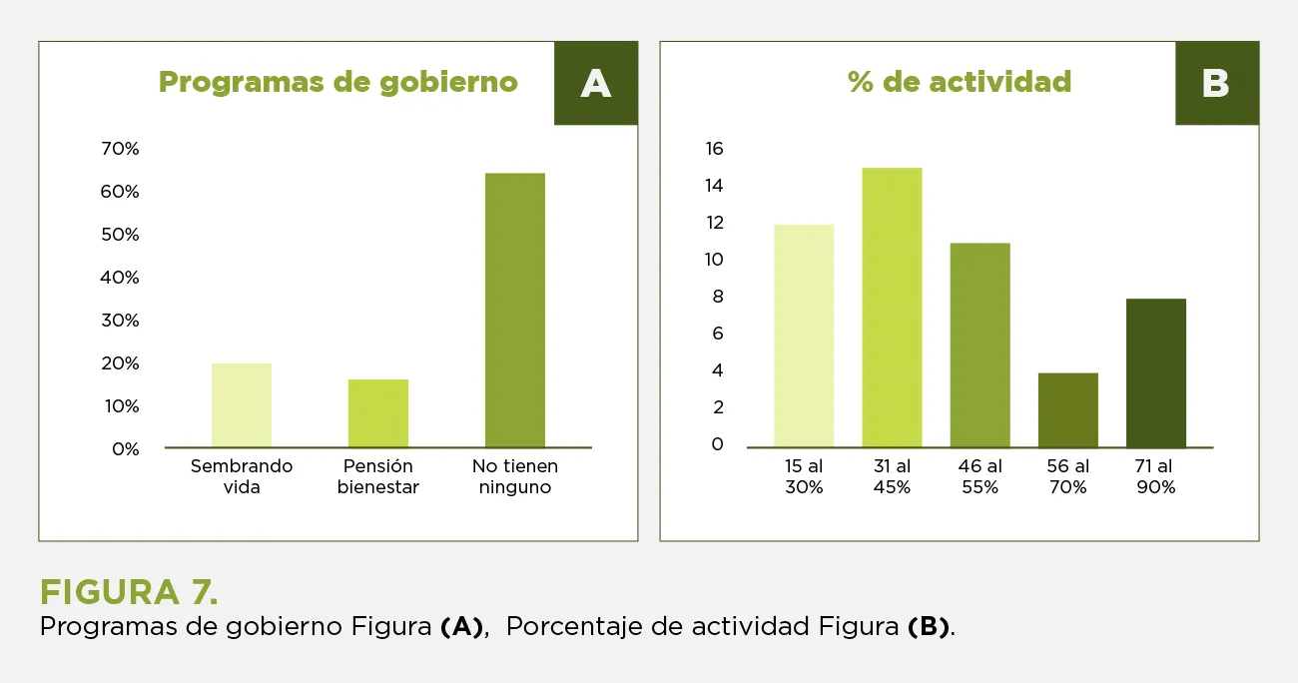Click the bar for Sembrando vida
[x=242, y=405]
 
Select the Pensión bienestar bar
[x=378, y=413]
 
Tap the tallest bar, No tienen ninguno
[x=515, y=310]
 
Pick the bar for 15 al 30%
[x=804, y=336]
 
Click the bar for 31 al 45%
[x=892, y=308]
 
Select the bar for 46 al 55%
[x=979, y=344]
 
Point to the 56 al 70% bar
[x=1067, y=409]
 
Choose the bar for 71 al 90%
[x=1155, y=372]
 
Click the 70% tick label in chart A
[x=120, y=149]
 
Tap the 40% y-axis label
[x=120, y=278]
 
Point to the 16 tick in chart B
[x=714, y=149]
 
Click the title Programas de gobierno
[x=338, y=82]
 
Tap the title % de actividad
[x=960, y=82]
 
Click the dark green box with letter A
[x=596, y=84]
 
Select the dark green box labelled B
[x=1216, y=84]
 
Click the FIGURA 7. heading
[x=129, y=592]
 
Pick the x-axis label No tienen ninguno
[x=515, y=477]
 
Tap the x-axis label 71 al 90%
[x=1155, y=477]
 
